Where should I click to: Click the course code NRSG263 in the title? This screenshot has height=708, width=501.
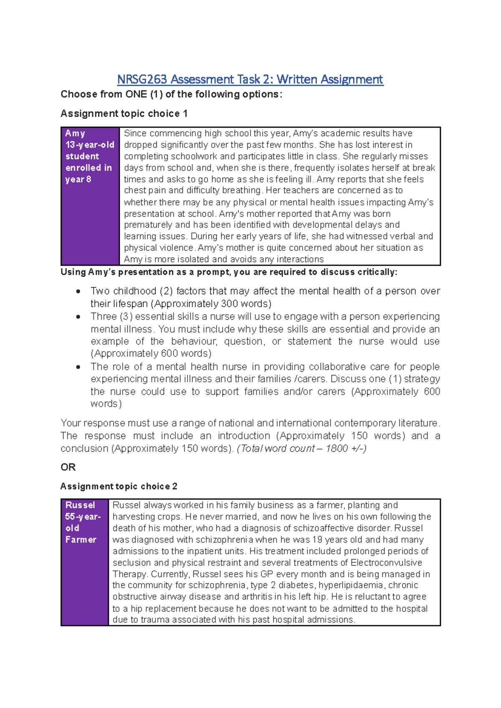pos(142,79)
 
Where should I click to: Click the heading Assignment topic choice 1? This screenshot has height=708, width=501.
pos(124,114)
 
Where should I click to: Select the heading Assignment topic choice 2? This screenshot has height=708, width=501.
pos(119,486)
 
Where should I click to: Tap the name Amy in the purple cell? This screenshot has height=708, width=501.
pos(75,133)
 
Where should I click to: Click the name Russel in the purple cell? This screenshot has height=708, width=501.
pos(80,505)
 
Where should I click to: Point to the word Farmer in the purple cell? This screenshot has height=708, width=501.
pos(81,540)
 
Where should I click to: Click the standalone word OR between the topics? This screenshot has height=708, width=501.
pos(68,467)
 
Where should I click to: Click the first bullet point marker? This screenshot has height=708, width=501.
pos(78,291)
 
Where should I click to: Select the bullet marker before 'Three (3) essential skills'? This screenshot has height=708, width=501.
pos(78,317)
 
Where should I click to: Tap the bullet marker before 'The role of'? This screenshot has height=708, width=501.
pos(78,367)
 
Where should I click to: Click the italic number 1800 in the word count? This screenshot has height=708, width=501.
pos(337,448)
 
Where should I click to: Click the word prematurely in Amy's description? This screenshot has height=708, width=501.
pos(148,225)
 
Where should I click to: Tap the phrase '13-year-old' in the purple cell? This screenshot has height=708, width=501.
pos(90,145)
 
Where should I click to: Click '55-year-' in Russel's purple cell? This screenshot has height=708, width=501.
pos(83,517)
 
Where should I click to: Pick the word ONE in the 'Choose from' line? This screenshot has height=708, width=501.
pos(136,94)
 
